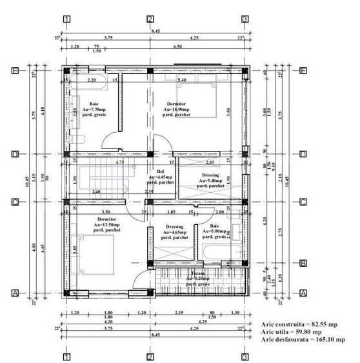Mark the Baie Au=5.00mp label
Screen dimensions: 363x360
point(214,232)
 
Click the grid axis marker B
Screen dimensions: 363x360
point(302,262)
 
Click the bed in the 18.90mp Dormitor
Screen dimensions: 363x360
point(197,104)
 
